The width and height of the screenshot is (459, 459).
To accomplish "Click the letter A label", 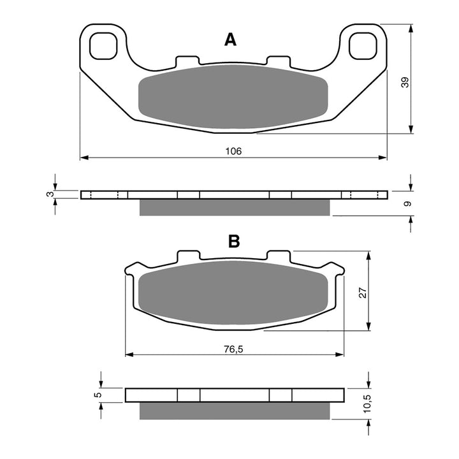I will click(x=230, y=40).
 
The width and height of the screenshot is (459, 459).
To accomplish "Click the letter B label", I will click(x=234, y=241).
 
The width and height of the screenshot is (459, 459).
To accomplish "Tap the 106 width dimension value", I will click(x=233, y=151).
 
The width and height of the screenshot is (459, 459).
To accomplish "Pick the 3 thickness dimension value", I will click(x=49, y=194).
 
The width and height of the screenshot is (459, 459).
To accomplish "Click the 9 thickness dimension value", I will click(x=408, y=203).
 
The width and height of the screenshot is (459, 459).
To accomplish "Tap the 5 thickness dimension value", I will click(x=97, y=395).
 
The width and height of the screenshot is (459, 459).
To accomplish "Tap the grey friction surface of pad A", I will click(x=233, y=96).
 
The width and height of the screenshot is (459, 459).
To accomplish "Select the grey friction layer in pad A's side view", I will click(x=235, y=207).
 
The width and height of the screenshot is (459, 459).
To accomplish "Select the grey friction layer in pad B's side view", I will click(x=235, y=411).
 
